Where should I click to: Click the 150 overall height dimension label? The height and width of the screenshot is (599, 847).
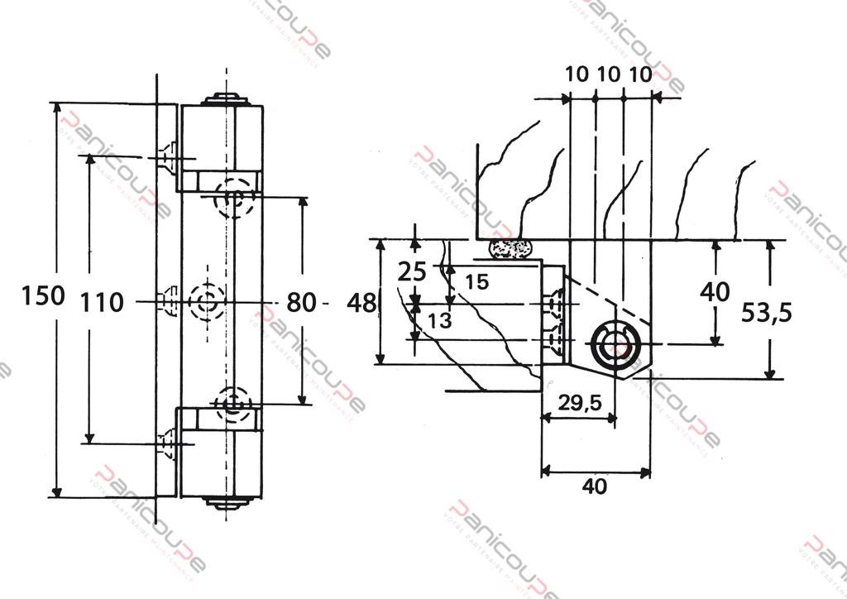coord(43,295)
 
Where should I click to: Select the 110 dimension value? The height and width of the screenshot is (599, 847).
coord(102,302)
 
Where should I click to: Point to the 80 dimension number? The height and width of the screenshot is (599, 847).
coord(302,303)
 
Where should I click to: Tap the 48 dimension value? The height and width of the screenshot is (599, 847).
coord(361,303)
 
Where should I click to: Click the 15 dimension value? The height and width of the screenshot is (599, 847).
coord(476,281)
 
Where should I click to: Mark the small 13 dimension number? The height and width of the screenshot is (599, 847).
coord(441,320)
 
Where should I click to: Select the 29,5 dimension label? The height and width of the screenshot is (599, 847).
coord(579,403)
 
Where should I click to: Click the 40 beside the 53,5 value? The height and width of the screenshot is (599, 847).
coord(715,291)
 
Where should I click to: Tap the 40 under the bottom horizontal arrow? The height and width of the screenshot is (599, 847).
coord(594,486)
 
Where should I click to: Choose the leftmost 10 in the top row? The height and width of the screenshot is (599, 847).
coord(577,74)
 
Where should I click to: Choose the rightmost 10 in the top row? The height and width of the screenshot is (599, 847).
coord(640,74)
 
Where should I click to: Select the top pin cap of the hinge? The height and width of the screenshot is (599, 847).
coord(227,98)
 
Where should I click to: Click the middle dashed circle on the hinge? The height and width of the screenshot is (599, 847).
coord(206,301)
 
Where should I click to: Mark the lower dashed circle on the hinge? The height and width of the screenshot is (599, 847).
coord(232,404)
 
